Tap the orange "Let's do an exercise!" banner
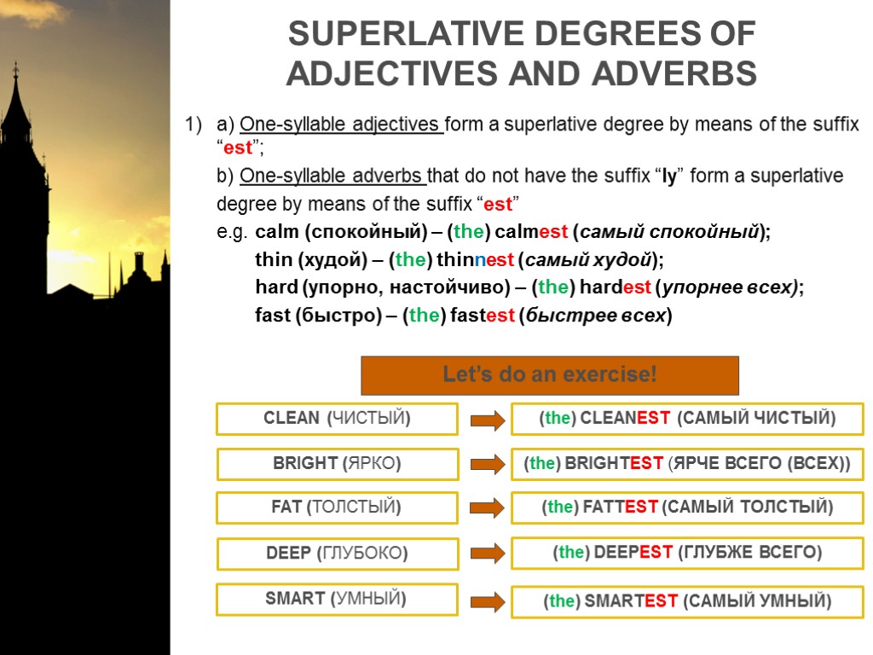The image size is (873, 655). click(550, 374)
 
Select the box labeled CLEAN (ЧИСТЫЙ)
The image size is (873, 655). click(338, 419)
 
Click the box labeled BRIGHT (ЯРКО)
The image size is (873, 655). click(338, 464)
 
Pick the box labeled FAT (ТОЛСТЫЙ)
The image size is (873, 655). click(338, 507)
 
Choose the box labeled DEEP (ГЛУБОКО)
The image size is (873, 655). click(338, 554)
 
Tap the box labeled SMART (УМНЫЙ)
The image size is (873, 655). click(338, 599)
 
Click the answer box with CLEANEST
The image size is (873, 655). click(687, 419)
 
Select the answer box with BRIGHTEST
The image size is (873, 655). click(687, 464)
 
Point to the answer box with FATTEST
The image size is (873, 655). click(687, 507)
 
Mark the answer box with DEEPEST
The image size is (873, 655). click(687, 554)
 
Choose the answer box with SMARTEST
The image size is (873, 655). click(687, 601)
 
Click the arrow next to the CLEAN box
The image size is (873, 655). click(486, 419)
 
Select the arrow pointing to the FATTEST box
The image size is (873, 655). click(486, 508)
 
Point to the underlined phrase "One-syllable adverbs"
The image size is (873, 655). click(332, 177)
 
